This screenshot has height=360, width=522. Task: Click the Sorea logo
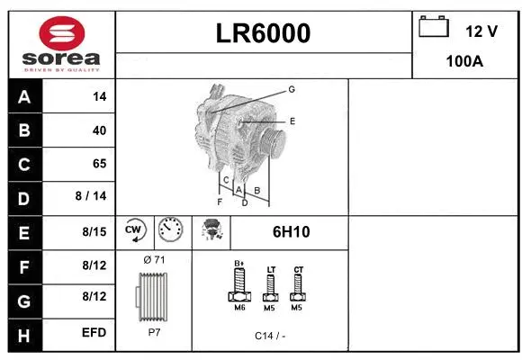click(x=61, y=44)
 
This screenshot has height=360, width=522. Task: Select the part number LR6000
click(x=264, y=33)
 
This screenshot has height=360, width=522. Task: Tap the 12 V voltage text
click(x=481, y=31)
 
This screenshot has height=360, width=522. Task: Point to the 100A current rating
click(x=465, y=62)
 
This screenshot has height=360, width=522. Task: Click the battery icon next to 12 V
click(x=434, y=29)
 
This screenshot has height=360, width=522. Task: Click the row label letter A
click(x=24, y=97)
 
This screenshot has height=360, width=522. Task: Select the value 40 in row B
click(x=99, y=130)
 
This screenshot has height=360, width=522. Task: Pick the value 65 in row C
click(x=99, y=164)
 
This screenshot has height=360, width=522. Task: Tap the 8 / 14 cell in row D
click(x=93, y=197)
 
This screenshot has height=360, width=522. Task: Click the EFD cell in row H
click(x=94, y=332)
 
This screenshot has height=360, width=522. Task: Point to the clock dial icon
click(x=169, y=230)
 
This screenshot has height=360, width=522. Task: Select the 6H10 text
click(x=291, y=231)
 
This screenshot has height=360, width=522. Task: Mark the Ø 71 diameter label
click(x=154, y=260)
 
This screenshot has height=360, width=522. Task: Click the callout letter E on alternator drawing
click(x=292, y=120)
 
